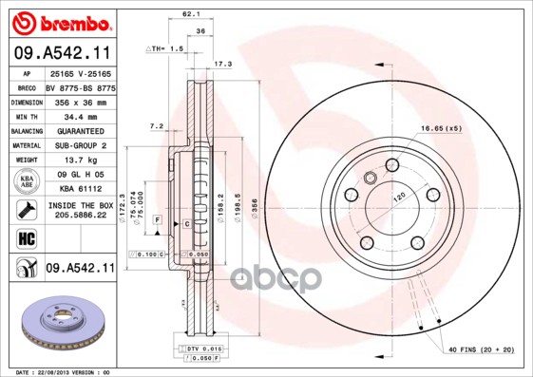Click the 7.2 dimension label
pos(158,125)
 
